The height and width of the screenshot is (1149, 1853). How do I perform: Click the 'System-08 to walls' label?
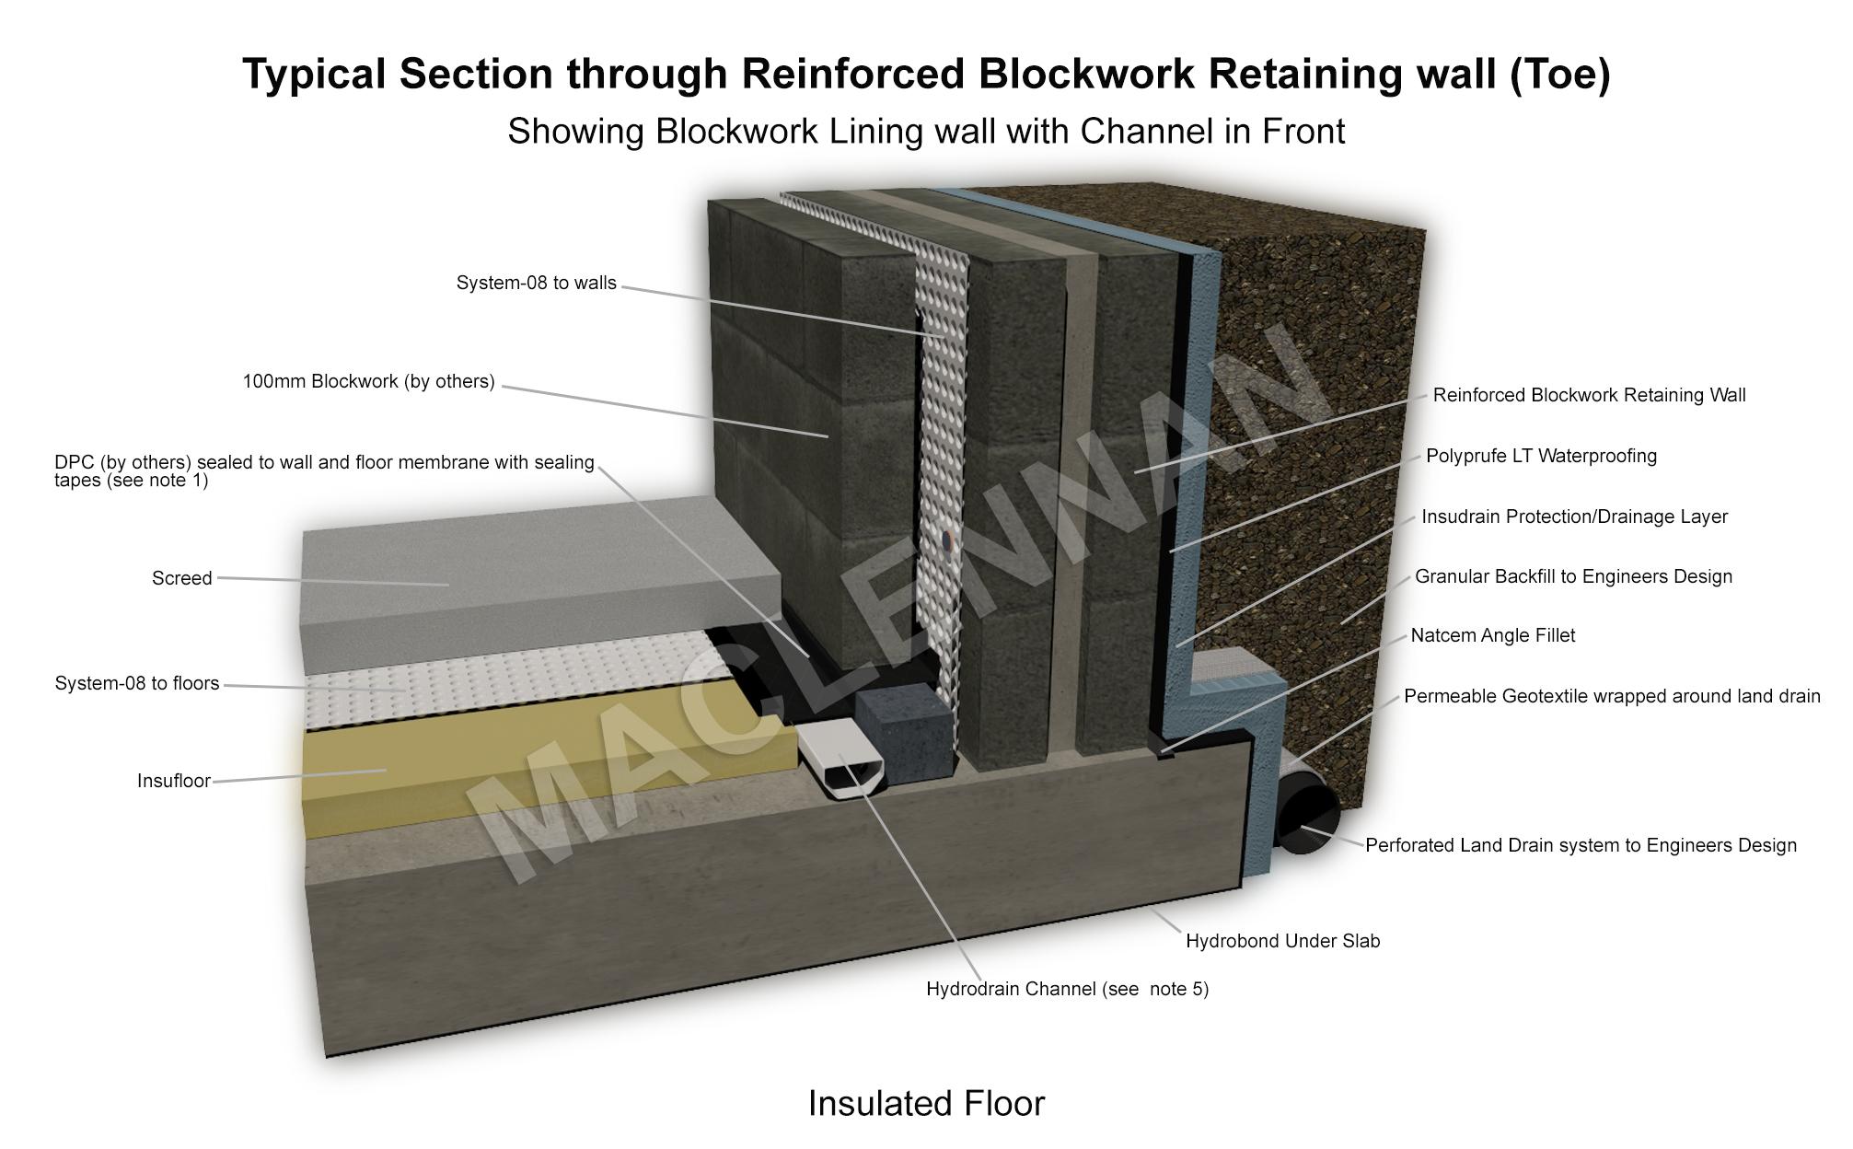coord(536,283)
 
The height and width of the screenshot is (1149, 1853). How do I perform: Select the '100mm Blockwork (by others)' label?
coord(368,381)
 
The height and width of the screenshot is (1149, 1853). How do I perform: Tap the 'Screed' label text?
coord(181,578)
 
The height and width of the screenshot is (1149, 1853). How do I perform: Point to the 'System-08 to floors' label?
coord(137,683)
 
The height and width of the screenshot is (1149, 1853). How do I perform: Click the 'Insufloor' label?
coord(173,781)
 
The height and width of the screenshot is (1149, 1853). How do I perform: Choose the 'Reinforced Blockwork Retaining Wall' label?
coord(1589,395)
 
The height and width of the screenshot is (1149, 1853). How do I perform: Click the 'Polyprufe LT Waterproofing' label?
coord(1541,456)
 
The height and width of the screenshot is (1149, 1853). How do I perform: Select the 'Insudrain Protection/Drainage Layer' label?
coord(1574,516)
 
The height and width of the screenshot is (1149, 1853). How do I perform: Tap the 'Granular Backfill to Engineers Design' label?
coord(1573,576)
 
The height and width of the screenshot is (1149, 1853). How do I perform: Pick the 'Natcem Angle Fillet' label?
coord(1492,635)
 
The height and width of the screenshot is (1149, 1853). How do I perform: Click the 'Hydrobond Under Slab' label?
coord(1282,941)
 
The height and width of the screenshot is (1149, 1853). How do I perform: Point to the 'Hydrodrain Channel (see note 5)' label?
coord(1067,989)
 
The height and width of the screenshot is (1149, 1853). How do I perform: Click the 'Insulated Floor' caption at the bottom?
coord(926,1103)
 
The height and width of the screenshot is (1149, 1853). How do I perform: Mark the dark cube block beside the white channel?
coord(902,732)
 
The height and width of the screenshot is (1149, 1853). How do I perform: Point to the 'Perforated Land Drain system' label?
coord(1581,845)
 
